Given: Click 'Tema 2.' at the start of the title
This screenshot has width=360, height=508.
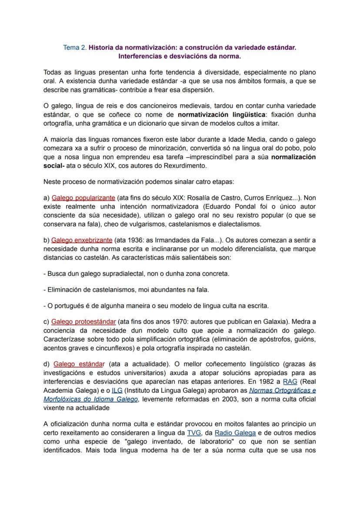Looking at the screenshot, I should tap(75, 48).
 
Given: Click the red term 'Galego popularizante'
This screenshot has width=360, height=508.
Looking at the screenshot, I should tap(83, 198).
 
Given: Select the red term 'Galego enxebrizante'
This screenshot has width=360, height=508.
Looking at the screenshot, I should tap(82, 240).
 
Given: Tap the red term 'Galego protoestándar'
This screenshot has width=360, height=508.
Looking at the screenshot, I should tap(83, 322).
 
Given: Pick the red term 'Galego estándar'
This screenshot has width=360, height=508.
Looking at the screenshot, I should tap(79, 364).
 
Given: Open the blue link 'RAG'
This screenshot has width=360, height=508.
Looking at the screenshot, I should tap(290, 382).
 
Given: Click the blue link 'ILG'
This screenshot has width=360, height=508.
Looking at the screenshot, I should tap(117, 390).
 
